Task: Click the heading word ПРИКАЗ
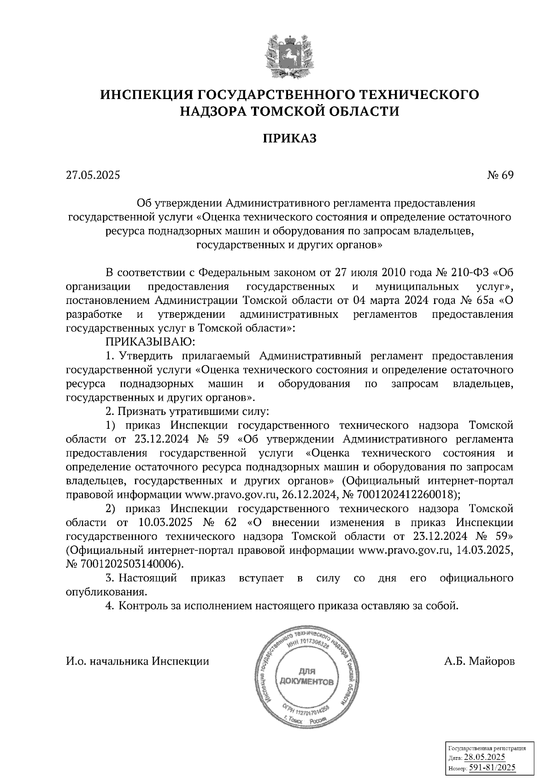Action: click(290, 138)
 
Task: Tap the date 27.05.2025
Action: click(93, 175)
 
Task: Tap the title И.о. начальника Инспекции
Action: click(137, 661)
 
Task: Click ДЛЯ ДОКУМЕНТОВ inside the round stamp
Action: click(306, 677)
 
